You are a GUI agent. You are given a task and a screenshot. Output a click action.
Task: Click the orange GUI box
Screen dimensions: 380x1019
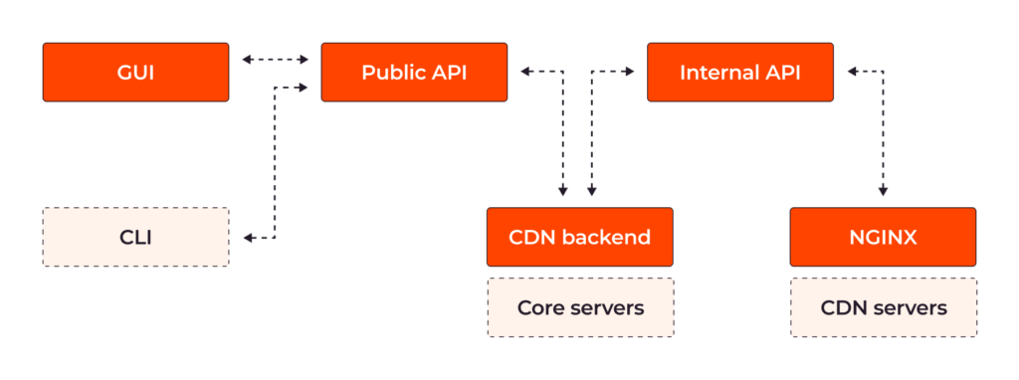(135, 72)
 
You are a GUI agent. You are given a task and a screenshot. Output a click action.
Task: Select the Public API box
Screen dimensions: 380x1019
(414, 72)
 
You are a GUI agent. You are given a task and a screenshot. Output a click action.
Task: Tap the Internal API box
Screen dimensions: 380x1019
(740, 72)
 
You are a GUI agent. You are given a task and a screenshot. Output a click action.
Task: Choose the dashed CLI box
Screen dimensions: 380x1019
(135, 237)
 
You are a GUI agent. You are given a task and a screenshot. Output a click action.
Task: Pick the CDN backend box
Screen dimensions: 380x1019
(579, 237)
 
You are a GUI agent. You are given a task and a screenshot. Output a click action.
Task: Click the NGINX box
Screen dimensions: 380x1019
(883, 237)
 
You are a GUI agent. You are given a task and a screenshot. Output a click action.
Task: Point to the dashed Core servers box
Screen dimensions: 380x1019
(579, 307)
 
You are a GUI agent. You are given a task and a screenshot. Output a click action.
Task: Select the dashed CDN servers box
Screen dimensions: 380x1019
(883, 307)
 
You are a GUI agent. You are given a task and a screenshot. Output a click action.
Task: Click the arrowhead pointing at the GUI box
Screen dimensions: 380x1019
(247, 60)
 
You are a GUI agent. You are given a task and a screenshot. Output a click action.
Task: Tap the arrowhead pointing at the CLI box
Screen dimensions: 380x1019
(249, 238)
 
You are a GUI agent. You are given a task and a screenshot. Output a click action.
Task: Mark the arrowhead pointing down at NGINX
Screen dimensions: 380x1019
(883, 192)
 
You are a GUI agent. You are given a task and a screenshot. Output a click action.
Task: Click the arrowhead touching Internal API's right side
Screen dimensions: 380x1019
(852, 72)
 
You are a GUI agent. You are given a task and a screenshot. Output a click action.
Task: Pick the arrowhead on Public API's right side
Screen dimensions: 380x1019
(523, 72)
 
